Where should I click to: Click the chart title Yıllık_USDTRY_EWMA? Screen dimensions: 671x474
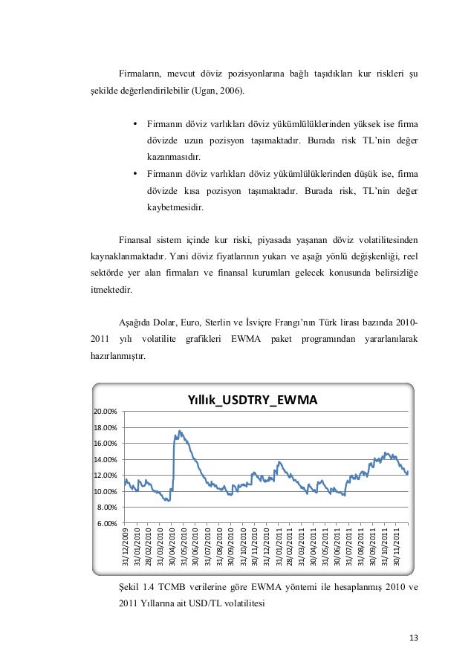[253, 401]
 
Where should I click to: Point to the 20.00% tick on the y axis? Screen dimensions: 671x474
[104, 412]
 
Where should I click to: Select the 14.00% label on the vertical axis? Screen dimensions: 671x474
[104, 460]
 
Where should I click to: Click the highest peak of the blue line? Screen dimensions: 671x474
[179, 431]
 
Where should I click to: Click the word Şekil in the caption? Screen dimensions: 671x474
[128, 587]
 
